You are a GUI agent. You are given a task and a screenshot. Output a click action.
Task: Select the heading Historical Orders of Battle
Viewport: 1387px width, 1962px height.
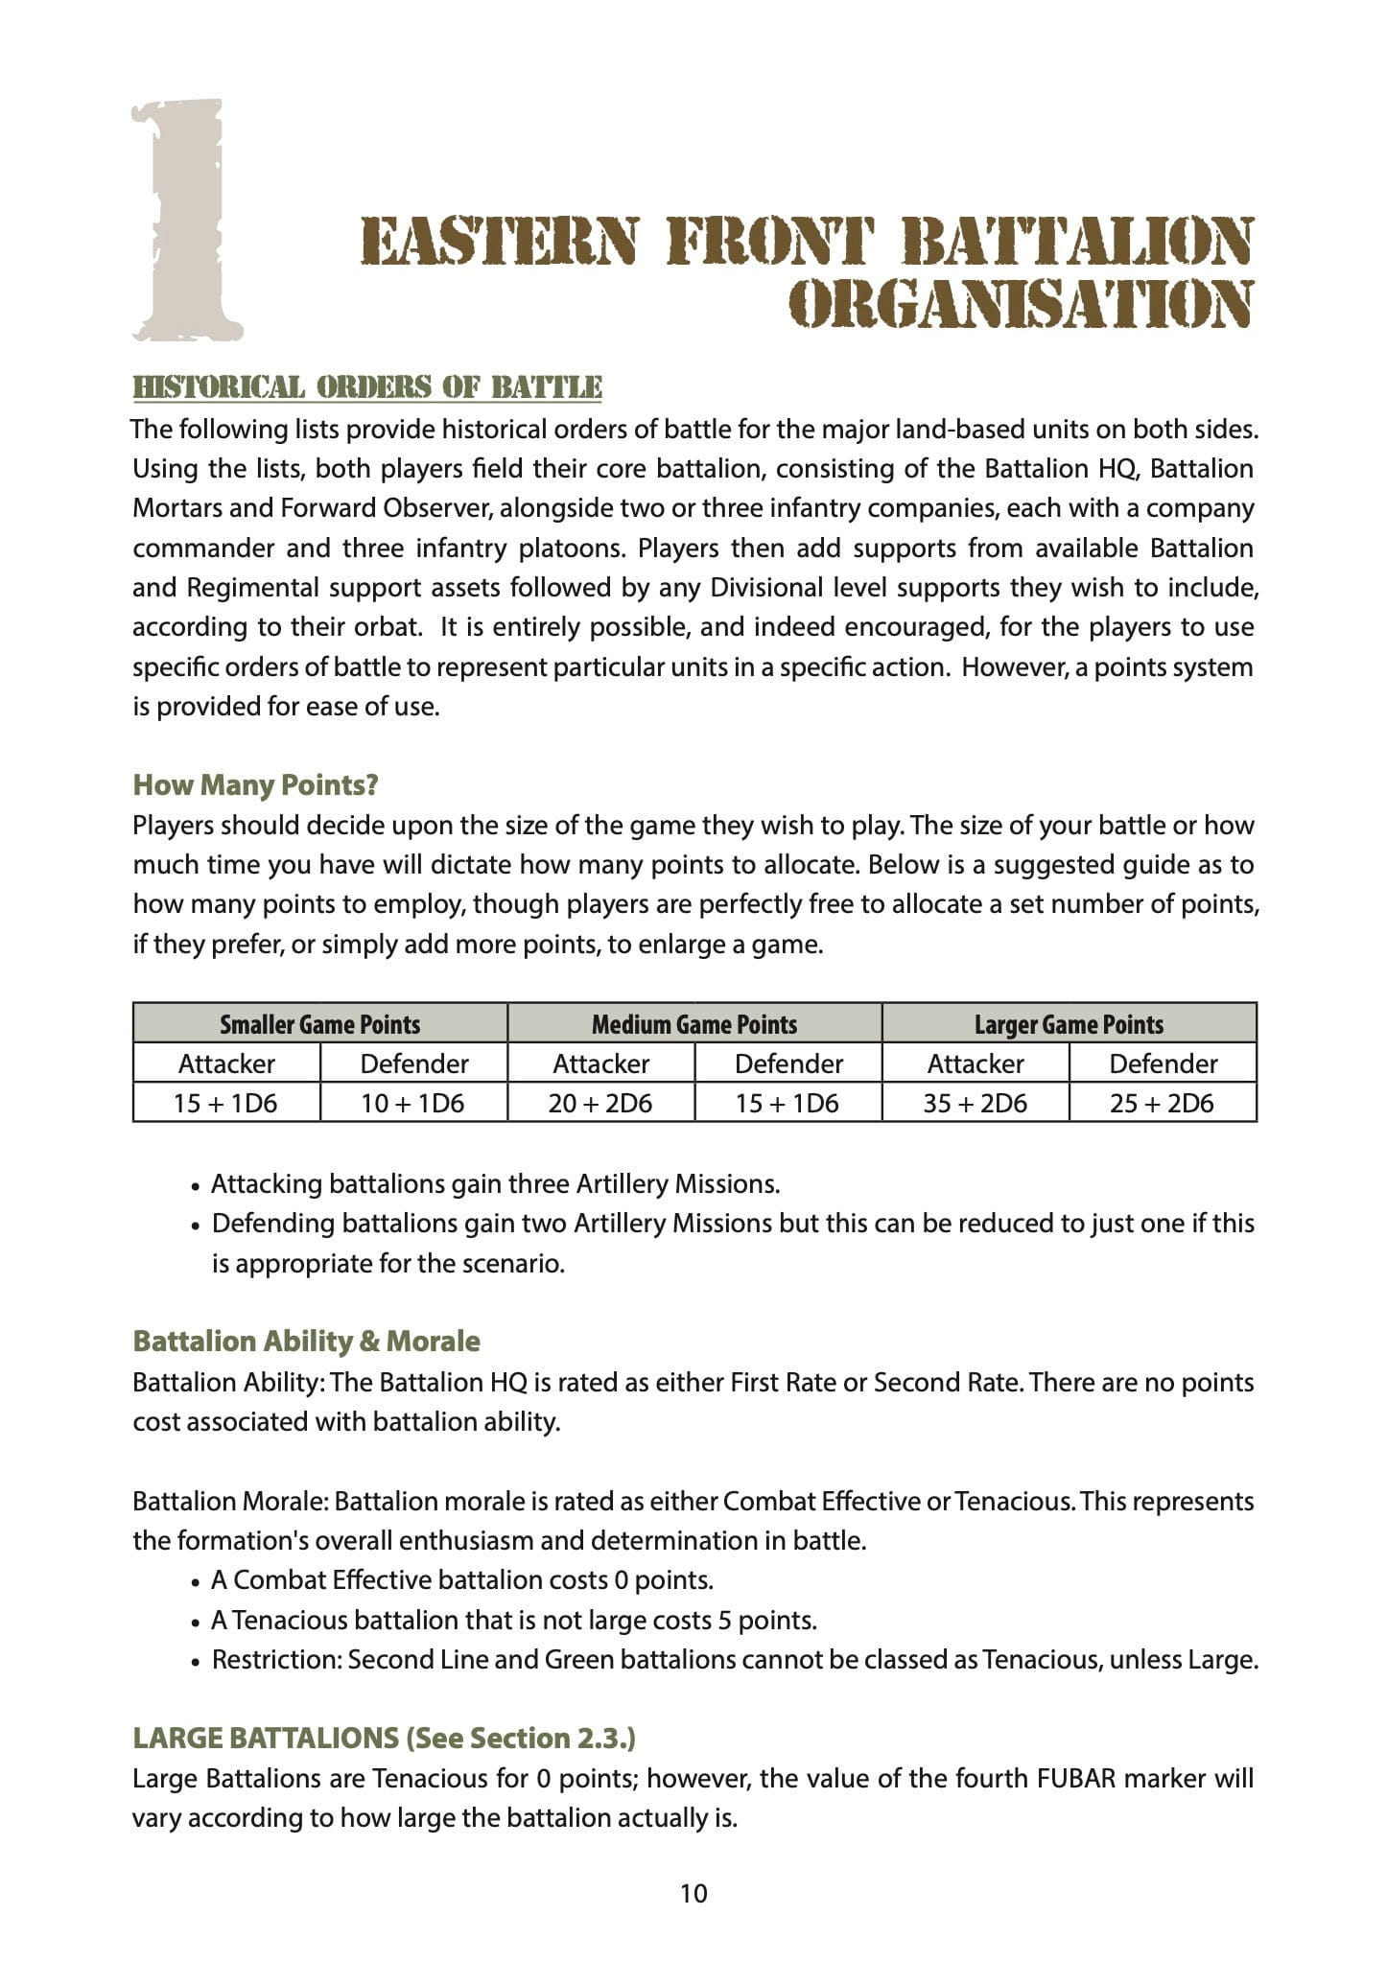tap(367, 387)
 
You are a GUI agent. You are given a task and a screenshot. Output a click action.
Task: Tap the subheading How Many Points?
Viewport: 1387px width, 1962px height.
tap(255, 785)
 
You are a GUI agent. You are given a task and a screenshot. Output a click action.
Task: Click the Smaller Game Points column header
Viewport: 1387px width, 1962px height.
tap(320, 1024)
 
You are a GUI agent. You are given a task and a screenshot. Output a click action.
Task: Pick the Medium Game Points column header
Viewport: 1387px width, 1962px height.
tap(694, 1024)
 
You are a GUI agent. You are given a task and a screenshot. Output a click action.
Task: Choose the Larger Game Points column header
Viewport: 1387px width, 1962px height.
tap(1069, 1024)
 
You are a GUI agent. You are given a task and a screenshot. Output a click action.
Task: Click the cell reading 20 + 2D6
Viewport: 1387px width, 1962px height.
tap(600, 1104)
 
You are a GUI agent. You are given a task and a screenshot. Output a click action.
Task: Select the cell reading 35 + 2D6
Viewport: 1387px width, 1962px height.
tap(975, 1104)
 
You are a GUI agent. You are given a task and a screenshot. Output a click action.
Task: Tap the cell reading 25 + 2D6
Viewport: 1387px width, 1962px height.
tap(1162, 1104)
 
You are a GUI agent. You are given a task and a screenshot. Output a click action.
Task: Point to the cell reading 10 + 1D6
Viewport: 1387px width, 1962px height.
tap(412, 1104)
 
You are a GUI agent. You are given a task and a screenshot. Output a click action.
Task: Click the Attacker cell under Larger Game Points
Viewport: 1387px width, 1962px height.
tap(975, 1063)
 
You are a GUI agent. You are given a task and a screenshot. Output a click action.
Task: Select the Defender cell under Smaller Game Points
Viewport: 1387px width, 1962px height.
tap(413, 1063)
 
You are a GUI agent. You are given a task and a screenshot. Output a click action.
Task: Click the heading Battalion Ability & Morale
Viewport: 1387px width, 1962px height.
tap(306, 1341)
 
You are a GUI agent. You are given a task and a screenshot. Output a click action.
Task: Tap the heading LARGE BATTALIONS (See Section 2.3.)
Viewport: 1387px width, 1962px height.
tap(384, 1738)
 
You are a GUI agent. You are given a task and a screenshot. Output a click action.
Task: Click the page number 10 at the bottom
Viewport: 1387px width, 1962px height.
tap(693, 1893)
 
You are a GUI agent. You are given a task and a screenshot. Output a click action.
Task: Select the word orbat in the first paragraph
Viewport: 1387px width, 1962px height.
tap(388, 627)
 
